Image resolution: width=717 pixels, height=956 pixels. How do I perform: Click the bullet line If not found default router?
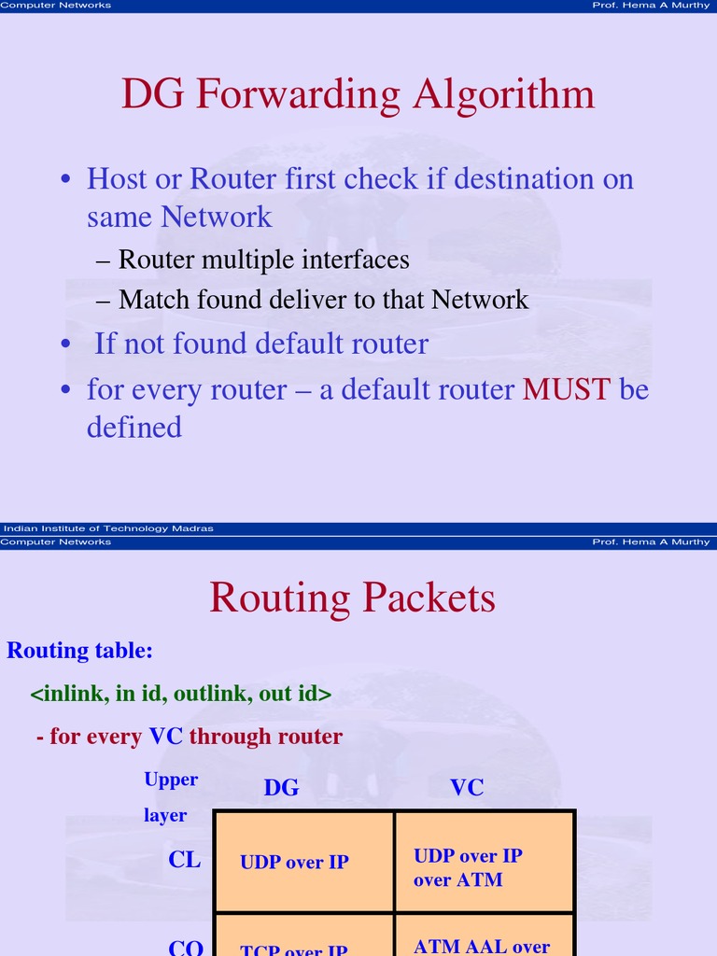(261, 344)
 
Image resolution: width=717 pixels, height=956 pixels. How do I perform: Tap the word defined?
(134, 427)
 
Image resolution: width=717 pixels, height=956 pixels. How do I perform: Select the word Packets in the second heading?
(429, 597)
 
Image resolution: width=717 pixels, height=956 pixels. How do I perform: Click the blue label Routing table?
(80, 651)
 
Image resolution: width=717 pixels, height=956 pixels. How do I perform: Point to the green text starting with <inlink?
(181, 695)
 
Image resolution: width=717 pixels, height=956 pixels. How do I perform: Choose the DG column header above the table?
(281, 788)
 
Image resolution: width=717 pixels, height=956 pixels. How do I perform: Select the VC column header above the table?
(467, 788)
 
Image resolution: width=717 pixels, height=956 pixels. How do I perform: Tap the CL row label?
(185, 860)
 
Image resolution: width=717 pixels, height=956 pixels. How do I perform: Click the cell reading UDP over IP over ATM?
(484, 868)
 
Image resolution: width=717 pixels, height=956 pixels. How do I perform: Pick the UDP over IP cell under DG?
(294, 863)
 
